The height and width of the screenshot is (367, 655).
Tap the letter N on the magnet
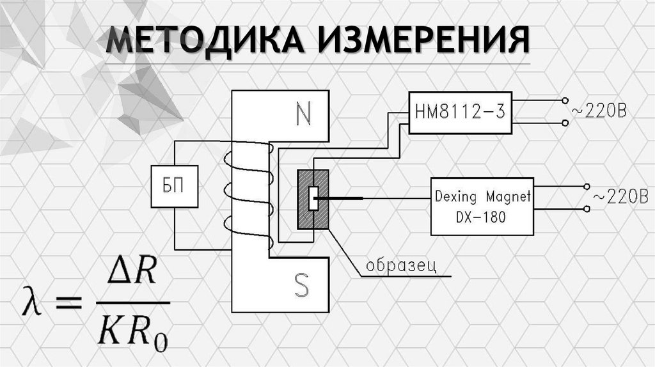click(302, 115)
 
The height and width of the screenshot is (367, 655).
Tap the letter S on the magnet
click(301, 286)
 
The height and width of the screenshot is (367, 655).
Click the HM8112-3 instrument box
click(459, 113)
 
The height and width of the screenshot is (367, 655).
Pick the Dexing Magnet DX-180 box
click(482, 206)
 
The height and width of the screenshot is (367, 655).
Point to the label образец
click(401, 265)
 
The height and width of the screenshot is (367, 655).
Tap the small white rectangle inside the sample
click(313, 198)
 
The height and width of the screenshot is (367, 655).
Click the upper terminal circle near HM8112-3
click(564, 101)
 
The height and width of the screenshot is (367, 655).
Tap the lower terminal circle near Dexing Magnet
click(587, 209)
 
